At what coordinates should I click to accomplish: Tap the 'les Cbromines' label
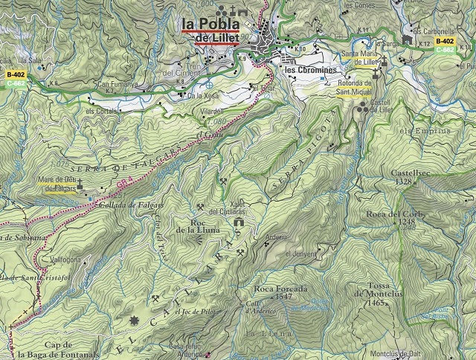309,70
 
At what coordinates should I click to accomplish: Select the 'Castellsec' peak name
411,173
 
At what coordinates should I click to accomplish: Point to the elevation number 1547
283,297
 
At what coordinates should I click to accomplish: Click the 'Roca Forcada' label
280,289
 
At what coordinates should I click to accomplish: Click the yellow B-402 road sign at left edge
16,75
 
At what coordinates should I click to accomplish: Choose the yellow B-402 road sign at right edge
445,42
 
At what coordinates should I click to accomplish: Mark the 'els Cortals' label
102,111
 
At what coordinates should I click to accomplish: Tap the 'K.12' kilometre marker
425,44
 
